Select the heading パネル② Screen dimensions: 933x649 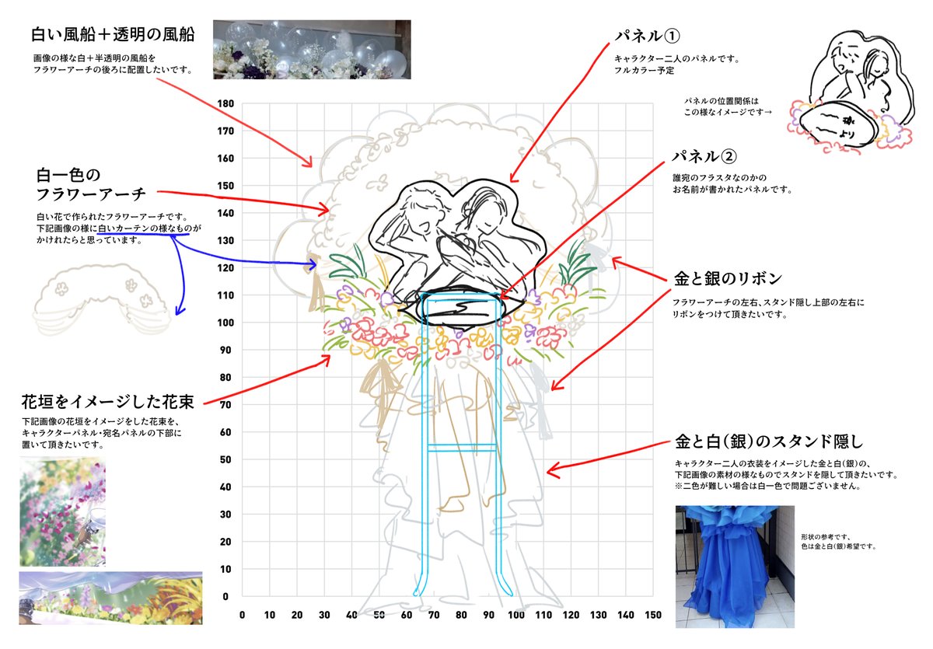[x=703, y=156]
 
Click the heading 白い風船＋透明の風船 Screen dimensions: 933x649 [x=112, y=35]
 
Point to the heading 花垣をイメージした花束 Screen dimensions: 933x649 [x=108, y=402]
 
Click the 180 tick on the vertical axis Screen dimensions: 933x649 [x=226, y=103]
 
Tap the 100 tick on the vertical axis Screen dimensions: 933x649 [x=226, y=323]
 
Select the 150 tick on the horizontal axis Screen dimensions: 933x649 [x=653, y=615]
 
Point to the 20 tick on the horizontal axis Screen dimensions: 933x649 [x=296, y=615]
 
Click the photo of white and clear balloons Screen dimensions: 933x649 [x=316, y=50]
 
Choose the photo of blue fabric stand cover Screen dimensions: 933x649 [x=735, y=566]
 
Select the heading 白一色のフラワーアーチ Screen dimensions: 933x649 [x=79, y=183]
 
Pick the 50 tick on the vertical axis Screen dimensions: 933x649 [x=226, y=459]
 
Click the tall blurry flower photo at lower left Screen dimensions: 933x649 [x=62, y=511]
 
